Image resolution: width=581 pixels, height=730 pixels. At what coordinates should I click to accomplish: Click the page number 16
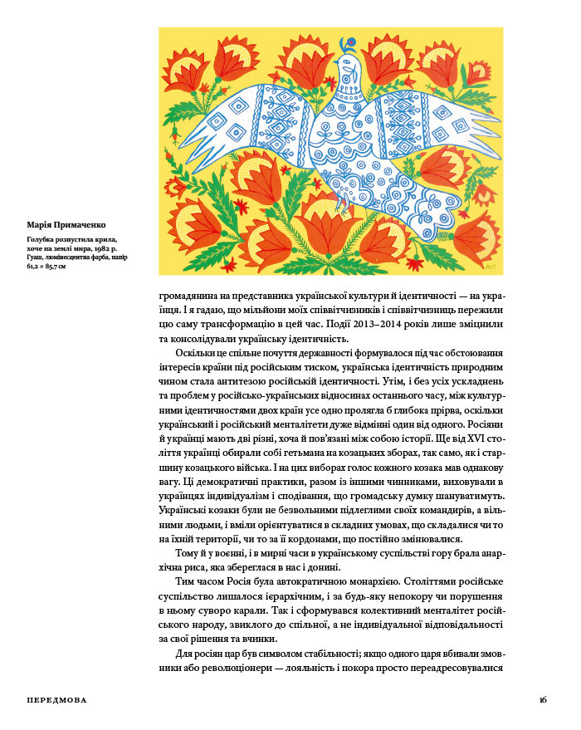543,700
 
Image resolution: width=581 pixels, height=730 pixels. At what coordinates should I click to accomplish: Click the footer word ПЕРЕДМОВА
56,700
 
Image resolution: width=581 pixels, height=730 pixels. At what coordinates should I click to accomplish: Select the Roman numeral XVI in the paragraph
463,438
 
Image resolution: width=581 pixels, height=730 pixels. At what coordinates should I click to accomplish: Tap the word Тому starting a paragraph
187,553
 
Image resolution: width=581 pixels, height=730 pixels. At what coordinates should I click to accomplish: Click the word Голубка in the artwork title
42,240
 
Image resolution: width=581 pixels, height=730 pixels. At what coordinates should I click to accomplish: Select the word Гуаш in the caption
34,257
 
